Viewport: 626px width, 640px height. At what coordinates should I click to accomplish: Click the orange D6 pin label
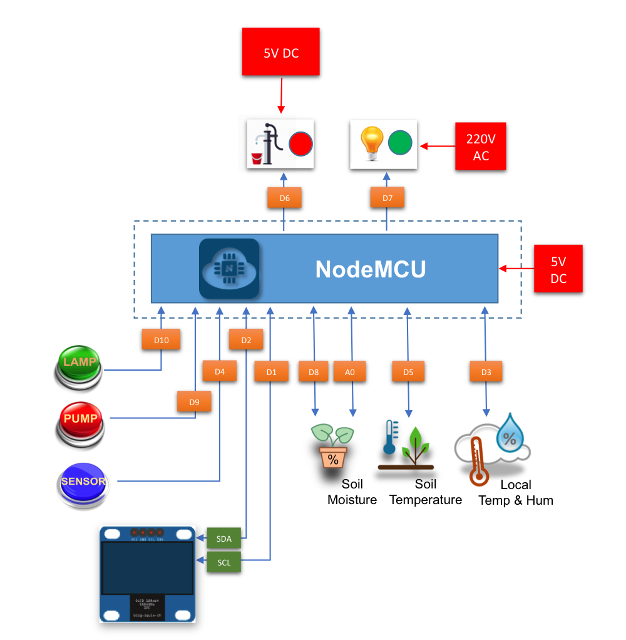pyautogui.click(x=284, y=198)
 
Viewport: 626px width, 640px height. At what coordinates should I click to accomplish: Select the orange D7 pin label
pyautogui.click(x=387, y=198)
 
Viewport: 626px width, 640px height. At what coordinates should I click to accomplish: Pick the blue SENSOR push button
pyautogui.click(x=83, y=482)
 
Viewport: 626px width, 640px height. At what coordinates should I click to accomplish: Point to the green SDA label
pyautogui.click(x=223, y=538)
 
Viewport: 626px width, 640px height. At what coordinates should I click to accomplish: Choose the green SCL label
pyautogui.click(x=223, y=562)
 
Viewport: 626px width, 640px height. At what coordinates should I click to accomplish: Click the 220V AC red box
pyautogui.click(x=480, y=147)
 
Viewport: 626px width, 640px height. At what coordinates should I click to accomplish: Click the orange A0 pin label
pyautogui.click(x=350, y=372)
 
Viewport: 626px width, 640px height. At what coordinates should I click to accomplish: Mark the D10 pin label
pyautogui.click(x=162, y=340)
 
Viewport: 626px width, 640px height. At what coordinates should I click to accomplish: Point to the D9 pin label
pyautogui.click(x=194, y=402)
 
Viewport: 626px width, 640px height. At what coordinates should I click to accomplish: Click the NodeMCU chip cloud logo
pyautogui.click(x=228, y=269)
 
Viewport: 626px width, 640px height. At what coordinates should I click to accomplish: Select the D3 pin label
pyautogui.click(x=486, y=372)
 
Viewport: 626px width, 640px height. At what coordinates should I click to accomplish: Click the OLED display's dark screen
pyautogui.click(x=148, y=568)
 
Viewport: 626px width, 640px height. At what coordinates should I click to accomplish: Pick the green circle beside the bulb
pyautogui.click(x=400, y=143)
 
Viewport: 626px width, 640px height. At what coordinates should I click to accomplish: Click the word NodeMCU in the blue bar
pyautogui.click(x=371, y=269)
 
